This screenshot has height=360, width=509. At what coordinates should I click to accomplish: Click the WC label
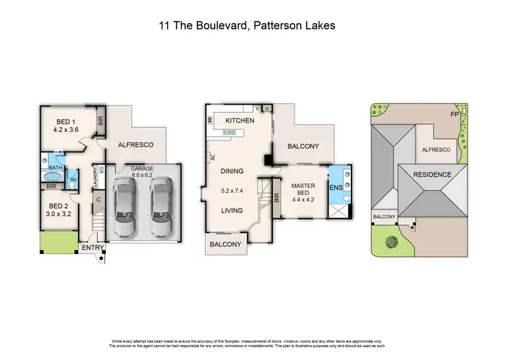[x=74, y=180]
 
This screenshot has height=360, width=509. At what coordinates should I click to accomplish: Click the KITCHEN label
[x=240, y=120]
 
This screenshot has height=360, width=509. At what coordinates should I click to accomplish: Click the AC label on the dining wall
[x=212, y=156]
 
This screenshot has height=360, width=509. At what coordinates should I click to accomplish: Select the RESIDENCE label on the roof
[x=432, y=175]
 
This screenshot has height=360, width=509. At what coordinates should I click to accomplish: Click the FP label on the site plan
[x=454, y=114]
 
